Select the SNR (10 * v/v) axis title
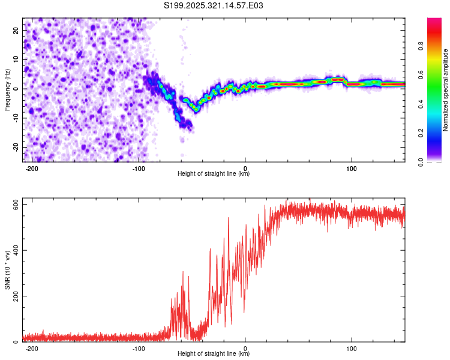tap(7, 270)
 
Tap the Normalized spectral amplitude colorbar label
tap(446, 90)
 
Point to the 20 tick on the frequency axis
tap(17, 29)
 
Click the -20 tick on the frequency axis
tap(16, 148)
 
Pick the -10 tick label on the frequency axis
tap(16, 118)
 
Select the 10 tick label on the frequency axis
tap(17, 59)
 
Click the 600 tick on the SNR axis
tap(14, 205)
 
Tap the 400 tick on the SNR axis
tap(14, 250)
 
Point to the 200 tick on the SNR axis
tap(14, 296)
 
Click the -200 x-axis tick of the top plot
tap(33, 169)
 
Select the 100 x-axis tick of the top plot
tap(352, 169)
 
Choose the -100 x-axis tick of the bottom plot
tap(139, 349)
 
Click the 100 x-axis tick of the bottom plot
tap(352, 349)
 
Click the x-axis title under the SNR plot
tap(214, 354)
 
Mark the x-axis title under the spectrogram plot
tap(214, 174)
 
